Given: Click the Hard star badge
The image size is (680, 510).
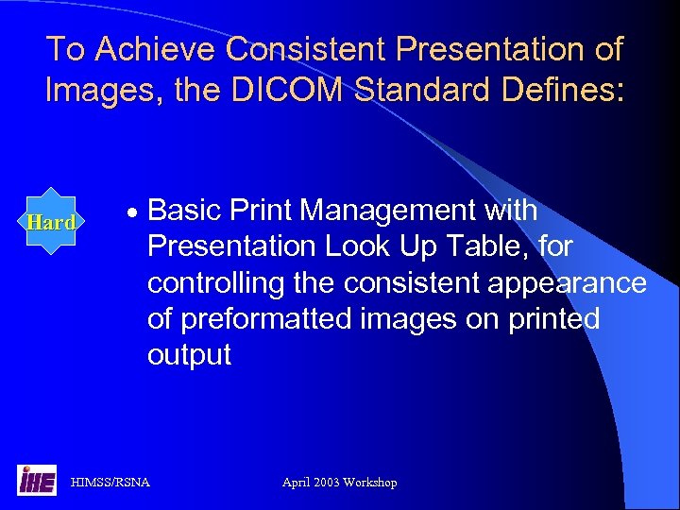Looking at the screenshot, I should point(51,223).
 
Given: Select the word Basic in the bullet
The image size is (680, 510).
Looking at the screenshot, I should point(185,211).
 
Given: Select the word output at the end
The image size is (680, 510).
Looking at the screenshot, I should point(189,356).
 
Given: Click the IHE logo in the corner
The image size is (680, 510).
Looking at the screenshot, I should point(36,481).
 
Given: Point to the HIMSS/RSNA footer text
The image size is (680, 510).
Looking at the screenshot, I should point(110,483).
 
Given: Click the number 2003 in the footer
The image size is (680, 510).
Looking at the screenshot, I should point(326,483).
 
